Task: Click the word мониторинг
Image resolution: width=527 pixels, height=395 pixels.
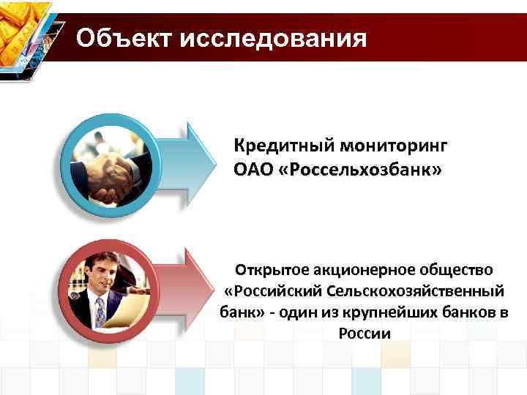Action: coord(396,145)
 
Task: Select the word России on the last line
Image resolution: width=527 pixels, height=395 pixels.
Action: coord(365,333)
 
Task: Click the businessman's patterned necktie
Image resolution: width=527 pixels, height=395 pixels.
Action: coord(100,310)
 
